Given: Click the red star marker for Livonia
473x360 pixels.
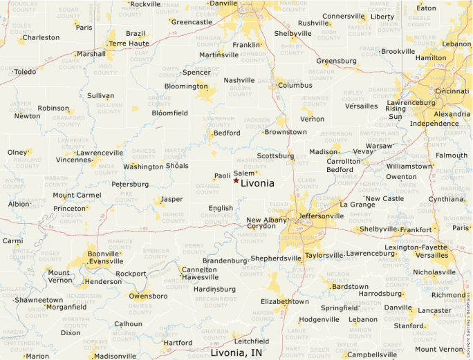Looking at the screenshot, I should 236,180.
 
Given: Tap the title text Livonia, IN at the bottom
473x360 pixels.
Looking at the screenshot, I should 236,353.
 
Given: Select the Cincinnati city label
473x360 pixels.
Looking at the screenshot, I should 452,91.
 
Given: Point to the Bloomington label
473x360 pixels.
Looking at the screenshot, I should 185,86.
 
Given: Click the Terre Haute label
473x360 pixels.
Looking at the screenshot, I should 129,43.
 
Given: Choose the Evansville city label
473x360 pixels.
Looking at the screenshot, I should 102,262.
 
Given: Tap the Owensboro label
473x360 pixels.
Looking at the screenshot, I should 149,296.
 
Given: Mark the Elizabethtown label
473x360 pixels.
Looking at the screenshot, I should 284,302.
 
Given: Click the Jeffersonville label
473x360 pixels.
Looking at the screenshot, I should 320,216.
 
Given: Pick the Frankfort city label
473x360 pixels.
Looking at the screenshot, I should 416,229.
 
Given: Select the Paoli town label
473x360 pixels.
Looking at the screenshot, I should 222,176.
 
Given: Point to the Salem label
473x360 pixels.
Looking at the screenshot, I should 244,173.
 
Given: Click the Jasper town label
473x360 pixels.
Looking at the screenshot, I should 171,199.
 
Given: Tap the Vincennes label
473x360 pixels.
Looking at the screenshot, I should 73,160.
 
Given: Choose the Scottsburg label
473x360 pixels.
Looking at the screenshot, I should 276,155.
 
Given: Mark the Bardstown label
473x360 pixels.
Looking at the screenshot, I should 351,286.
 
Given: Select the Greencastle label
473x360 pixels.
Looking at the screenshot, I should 192,22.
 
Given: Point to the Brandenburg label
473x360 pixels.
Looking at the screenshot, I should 225,260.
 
